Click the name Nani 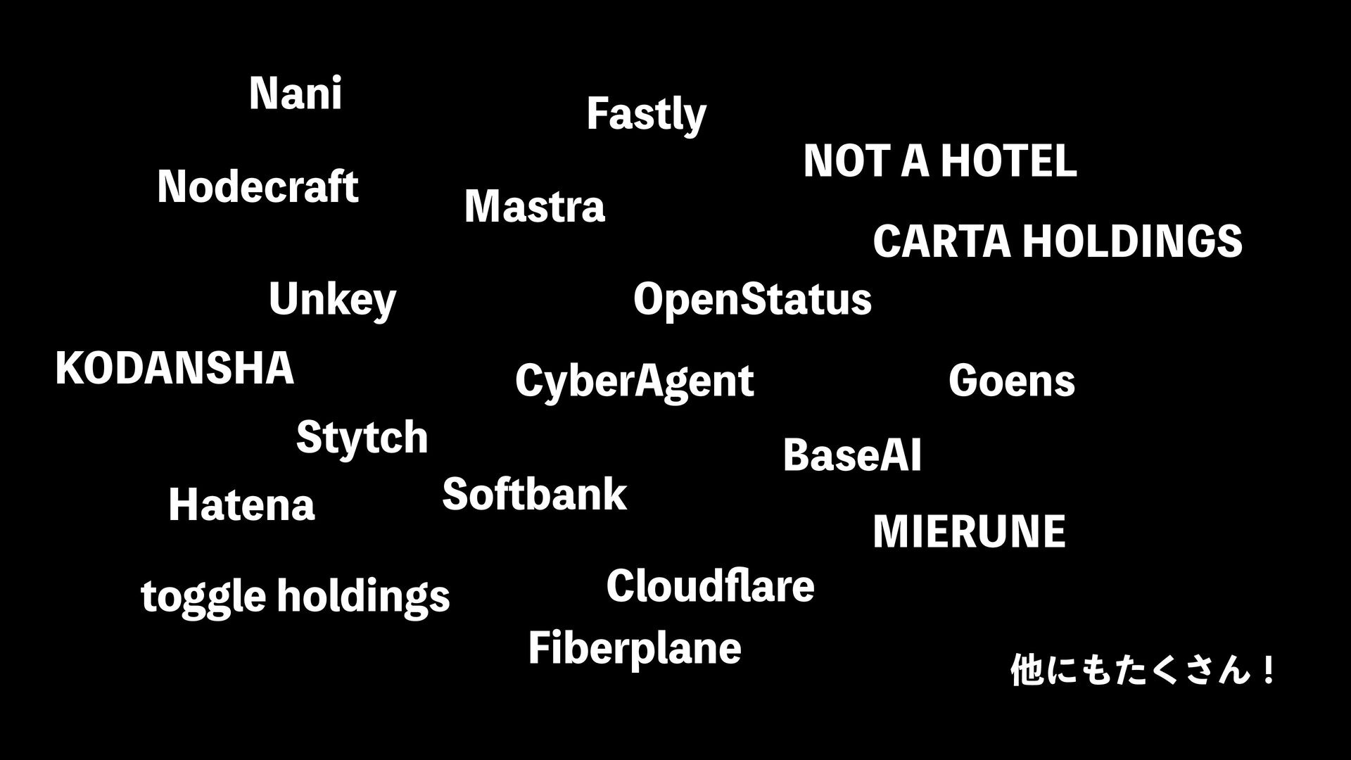296,94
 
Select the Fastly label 646,115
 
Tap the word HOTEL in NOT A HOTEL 1008,161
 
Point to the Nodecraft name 258,187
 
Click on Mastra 534,207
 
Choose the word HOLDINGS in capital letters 1131,241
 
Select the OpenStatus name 752,300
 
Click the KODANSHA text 175,368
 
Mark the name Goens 1011,381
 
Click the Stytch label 362,438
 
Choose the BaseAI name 851,455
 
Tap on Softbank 534,494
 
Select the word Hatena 241,505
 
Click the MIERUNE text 969,531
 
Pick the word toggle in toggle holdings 203,597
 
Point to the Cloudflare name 710,586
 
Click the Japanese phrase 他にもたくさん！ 1142,670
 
